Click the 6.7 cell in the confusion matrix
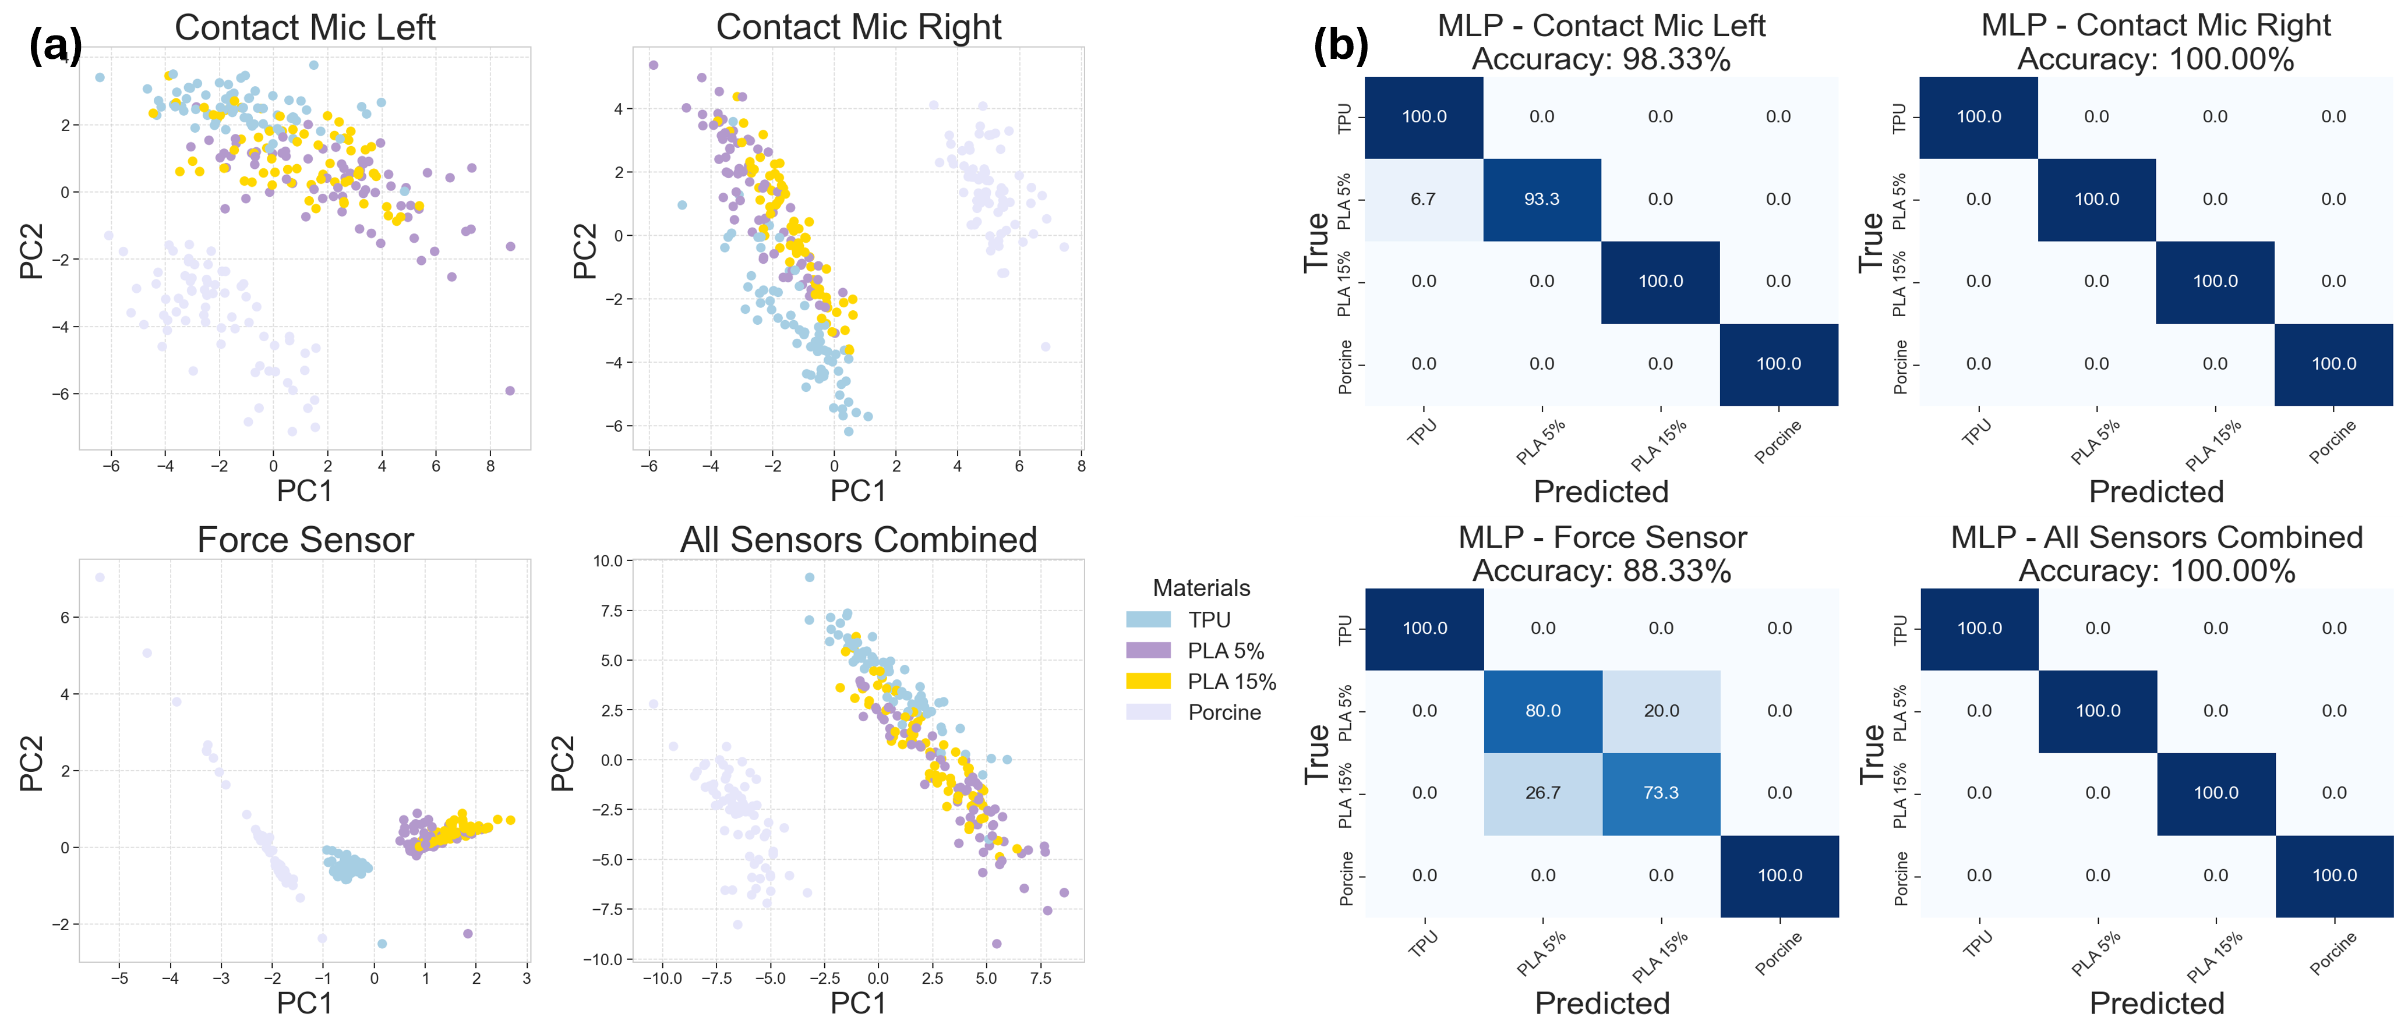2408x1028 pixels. coord(1423,199)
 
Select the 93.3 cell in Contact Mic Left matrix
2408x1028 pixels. coord(1541,199)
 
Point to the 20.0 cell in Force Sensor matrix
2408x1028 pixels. coord(1661,710)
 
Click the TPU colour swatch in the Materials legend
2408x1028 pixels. coord(1148,619)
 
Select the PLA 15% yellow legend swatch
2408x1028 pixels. coord(1148,681)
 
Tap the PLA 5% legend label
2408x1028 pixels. coord(1226,650)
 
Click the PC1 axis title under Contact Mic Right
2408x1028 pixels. coord(858,491)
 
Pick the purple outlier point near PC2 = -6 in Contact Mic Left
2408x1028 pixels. coord(510,391)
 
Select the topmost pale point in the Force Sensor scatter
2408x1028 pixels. coord(100,577)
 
